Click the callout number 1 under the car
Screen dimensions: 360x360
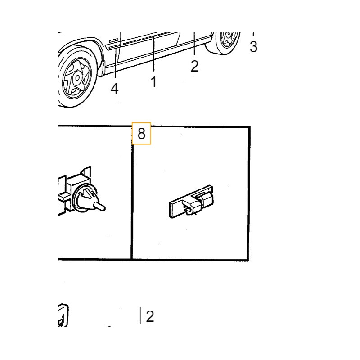point(154,82)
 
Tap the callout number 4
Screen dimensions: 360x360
point(115,89)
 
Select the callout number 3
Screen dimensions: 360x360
point(253,47)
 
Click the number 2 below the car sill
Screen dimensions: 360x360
point(194,66)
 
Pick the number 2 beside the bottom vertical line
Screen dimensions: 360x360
point(150,316)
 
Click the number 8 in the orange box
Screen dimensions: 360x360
point(141,133)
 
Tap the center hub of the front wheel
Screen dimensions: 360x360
point(77,78)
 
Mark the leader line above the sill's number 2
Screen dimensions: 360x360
point(194,44)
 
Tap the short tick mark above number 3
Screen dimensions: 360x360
point(253,34)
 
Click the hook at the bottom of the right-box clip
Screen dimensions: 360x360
point(189,210)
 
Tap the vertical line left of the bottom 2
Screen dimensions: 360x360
point(140,315)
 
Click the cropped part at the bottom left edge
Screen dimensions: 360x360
point(63,315)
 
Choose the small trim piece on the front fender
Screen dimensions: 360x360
point(113,40)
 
